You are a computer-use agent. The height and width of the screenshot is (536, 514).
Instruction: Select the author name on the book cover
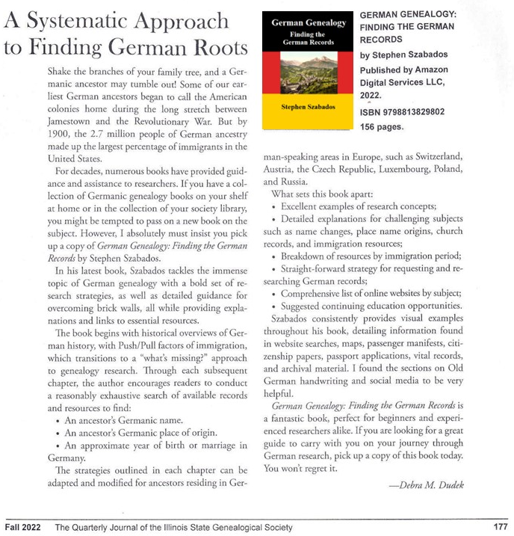coord(309,107)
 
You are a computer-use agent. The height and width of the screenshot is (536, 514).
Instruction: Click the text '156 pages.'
coord(383,127)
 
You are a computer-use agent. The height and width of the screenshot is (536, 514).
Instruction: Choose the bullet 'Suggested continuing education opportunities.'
coord(369,306)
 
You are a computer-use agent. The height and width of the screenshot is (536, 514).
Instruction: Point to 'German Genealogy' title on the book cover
coord(309,23)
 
